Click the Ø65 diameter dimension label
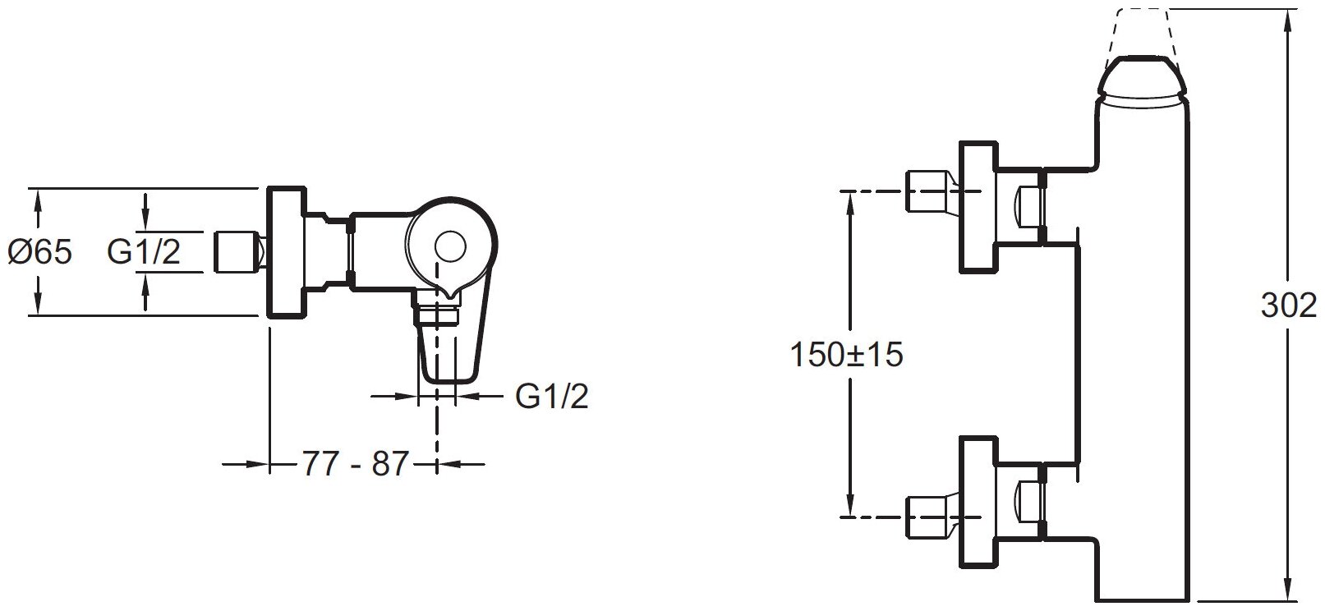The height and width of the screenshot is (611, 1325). [40, 253]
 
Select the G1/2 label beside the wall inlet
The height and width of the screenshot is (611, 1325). [144, 253]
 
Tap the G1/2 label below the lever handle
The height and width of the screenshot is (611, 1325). [551, 397]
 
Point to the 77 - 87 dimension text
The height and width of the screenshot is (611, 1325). [354, 465]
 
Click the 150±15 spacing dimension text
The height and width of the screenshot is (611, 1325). [845, 355]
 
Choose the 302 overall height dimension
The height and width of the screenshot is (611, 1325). [1287, 305]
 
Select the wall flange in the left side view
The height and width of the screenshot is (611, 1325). [287, 252]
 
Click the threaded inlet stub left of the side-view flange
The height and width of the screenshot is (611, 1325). [237, 252]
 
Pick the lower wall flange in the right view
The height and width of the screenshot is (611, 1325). [979, 501]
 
